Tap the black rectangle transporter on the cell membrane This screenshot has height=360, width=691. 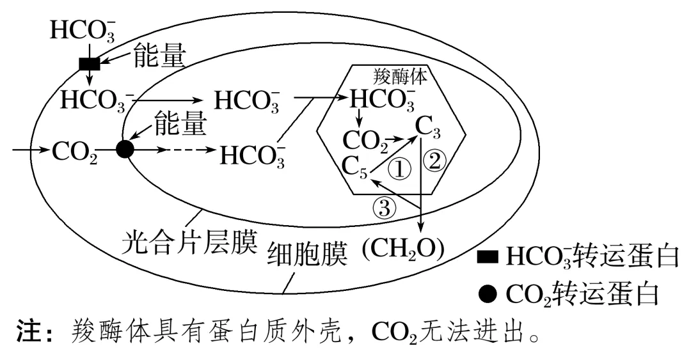(89, 63)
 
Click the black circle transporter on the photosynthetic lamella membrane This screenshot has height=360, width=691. (125, 150)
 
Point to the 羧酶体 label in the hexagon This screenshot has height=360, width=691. (400, 75)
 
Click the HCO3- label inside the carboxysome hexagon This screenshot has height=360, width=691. (383, 100)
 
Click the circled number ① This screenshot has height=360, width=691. (400, 169)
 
